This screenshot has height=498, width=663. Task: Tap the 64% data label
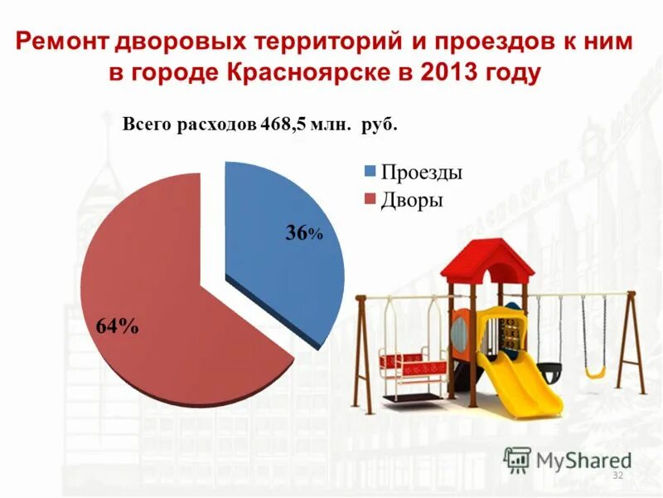coord(117,326)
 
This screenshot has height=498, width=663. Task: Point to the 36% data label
coord(303,233)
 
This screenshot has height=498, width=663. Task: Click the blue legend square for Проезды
coord(370,172)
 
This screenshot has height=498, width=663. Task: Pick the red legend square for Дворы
coord(370,198)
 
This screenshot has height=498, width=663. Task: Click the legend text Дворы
coord(411,199)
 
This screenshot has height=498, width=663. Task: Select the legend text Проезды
coord(421,173)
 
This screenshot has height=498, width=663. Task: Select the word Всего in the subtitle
coord(148,125)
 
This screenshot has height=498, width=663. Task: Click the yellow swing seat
coord(595,373)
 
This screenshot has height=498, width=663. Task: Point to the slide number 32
coord(617,475)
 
